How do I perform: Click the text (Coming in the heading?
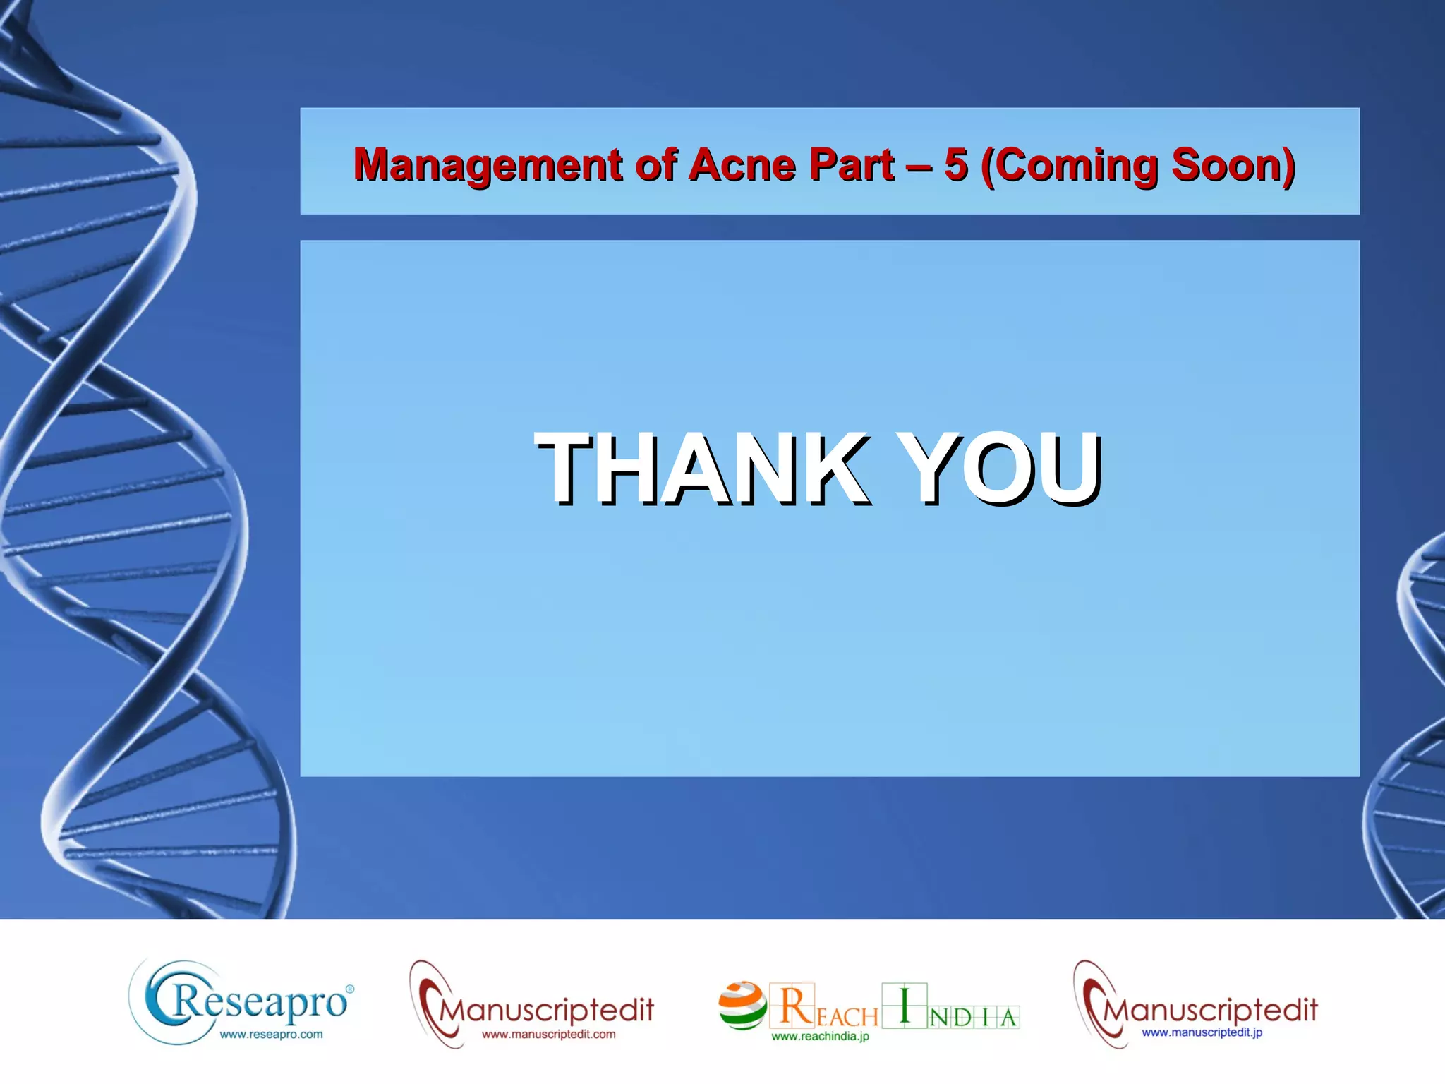coord(1070,165)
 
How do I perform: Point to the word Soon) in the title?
coord(1233,165)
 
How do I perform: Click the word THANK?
coord(701,469)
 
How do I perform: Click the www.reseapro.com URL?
coord(271,1035)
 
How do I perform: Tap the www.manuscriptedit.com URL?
coord(549,1035)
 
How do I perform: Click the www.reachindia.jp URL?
coord(820,1036)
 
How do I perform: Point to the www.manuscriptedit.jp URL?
coord(1202,1032)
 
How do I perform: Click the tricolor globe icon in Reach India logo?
coord(742,1006)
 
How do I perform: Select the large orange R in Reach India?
coord(796,1005)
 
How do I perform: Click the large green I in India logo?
coord(905,1005)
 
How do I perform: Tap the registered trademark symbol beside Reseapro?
coord(350,990)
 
